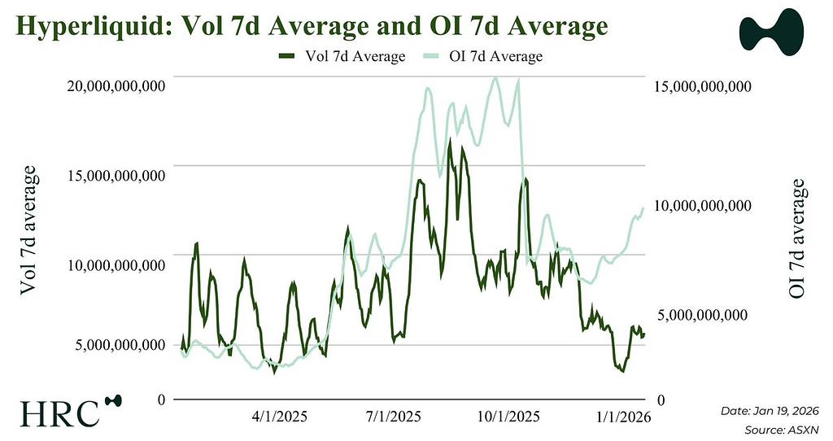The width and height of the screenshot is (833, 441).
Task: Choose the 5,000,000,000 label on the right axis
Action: (703, 316)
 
